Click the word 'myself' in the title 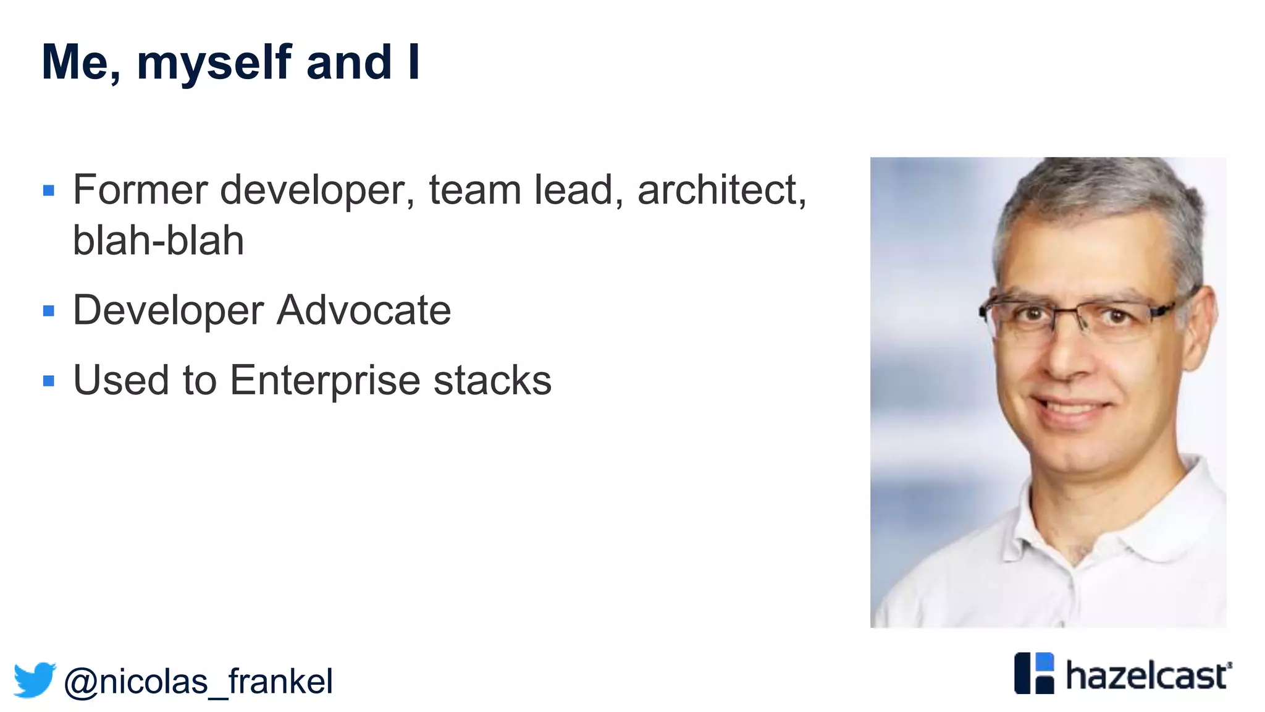tap(214, 63)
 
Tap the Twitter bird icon tap(35, 680)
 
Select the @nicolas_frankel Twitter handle tap(198, 682)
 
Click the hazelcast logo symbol tap(1034, 673)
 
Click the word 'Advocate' tap(364, 310)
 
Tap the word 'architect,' tap(721, 190)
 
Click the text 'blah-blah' tap(158, 240)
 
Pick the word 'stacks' tap(492, 380)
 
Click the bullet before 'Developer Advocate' tap(49, 310)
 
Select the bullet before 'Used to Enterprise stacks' tap(49, 381)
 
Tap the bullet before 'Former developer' tap(49, 190)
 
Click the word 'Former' tap(140, 190)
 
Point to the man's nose tap(1069, 358)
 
